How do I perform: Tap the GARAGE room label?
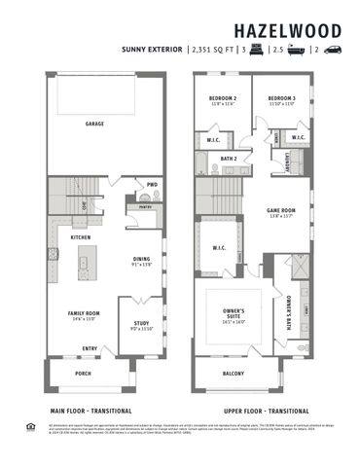(94, 124)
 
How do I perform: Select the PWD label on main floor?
(152, 184)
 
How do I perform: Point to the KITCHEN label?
(81, 237)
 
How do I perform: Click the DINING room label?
(142, 259)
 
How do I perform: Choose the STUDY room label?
(142, 326)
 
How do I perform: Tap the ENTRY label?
(90, 348)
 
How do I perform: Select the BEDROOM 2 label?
(223, 99)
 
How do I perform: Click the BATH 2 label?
(229, 157)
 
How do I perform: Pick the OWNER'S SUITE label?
(234, 313)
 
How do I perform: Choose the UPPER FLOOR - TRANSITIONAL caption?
(258, 411)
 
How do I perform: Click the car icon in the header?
(333, 48)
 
